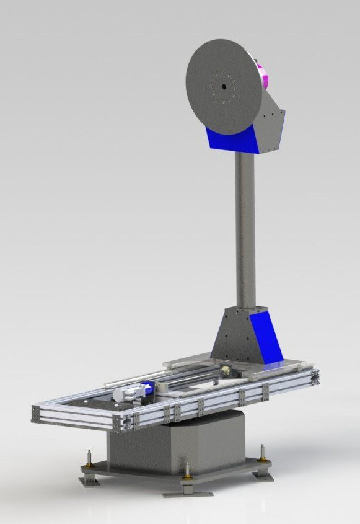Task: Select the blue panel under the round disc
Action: [230, 139]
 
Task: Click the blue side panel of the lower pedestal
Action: [266, 338]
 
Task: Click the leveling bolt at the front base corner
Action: [187, 473]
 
